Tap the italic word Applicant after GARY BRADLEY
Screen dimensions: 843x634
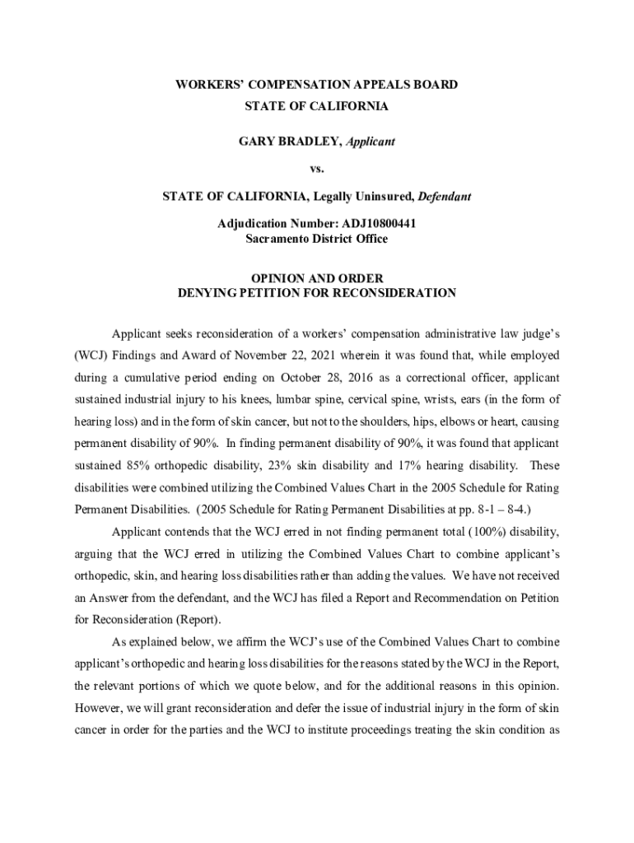(x=370, y=142)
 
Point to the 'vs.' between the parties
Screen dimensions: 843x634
(x=317, y=169)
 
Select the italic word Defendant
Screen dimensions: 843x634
(x=445, y=197)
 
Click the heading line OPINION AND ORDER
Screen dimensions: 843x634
(x=317, y=278)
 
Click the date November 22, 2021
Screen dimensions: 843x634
(x=278, y=356)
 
